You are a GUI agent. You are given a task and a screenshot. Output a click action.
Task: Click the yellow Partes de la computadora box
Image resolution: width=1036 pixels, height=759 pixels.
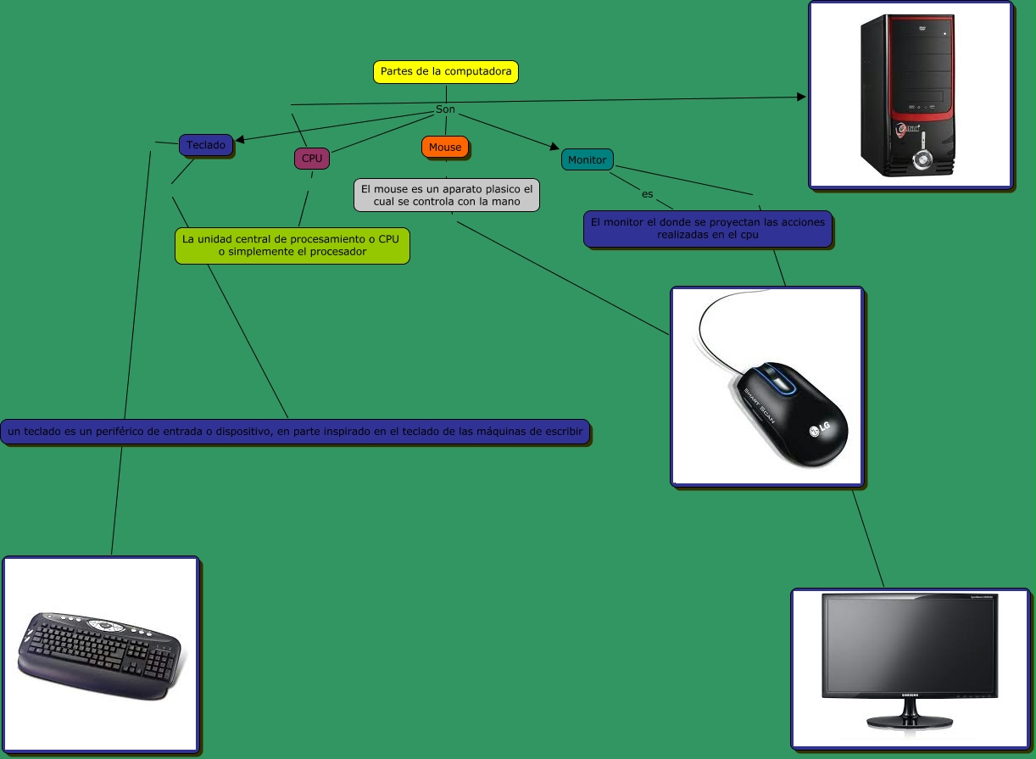[446, 72]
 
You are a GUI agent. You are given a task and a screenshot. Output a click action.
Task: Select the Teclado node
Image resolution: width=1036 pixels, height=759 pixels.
[206, 146]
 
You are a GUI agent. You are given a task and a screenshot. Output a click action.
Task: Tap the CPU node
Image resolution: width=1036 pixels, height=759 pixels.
[312, 158]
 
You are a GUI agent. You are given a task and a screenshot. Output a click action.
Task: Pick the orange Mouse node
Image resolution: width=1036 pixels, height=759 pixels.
[445, 148]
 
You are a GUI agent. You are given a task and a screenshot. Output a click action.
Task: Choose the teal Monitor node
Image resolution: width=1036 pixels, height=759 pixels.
[587, 159]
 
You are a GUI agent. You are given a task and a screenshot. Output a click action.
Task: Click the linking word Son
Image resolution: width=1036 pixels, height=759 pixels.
[445, 110]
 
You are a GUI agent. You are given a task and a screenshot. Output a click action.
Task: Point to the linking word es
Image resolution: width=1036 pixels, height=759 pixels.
[648, 194]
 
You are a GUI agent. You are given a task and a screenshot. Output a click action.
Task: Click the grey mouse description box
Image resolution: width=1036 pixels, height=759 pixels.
[447, 195]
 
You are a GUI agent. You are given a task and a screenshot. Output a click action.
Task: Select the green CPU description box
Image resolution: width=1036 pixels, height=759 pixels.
[292, 245]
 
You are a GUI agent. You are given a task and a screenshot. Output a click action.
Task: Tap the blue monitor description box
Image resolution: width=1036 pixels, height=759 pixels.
[707, 229]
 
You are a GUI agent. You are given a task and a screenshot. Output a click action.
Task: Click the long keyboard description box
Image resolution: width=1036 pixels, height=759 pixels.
[295, 433]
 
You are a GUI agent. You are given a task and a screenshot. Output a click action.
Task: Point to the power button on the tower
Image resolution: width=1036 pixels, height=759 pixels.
[921, 159]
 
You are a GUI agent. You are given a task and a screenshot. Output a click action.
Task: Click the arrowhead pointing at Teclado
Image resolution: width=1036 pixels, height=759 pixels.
[239, 139]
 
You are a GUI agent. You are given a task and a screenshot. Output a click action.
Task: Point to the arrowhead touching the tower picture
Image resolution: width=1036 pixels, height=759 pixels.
[802, 98]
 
